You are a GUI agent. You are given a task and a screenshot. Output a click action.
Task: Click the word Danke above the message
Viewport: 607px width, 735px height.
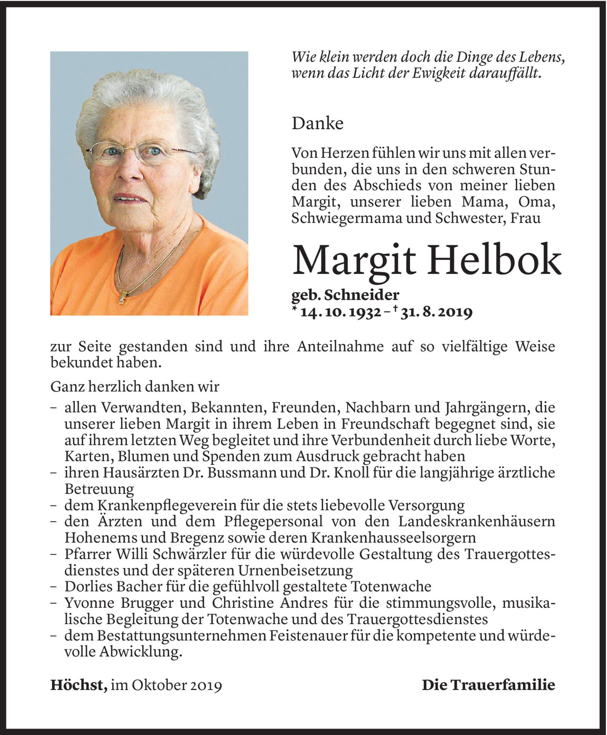tap(317, 124)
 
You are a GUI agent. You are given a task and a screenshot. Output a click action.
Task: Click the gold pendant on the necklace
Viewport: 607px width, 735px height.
tap(123, 298)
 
